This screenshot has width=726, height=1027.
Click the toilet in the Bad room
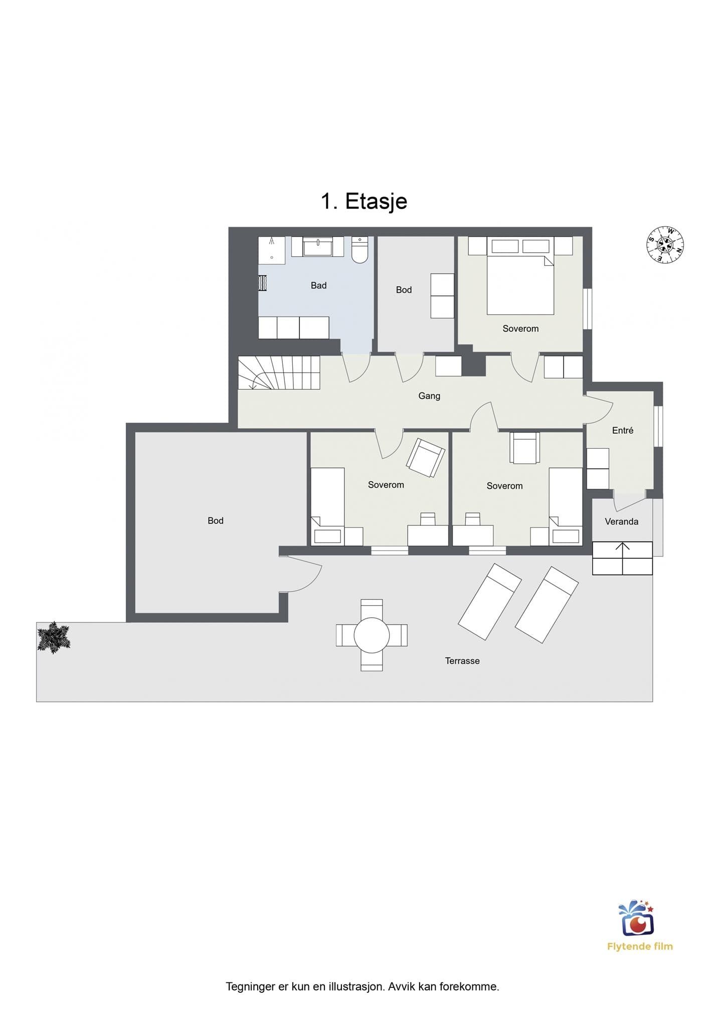359,249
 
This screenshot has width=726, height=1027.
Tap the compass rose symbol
665,245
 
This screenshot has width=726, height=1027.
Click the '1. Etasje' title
364,201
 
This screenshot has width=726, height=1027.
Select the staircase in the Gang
279,373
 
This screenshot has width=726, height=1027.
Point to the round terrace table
372,635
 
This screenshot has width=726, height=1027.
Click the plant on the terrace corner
54,637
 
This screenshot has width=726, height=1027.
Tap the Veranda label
622,522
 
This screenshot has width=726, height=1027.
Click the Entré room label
623,430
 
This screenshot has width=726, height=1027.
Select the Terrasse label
462,661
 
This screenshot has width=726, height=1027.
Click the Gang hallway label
429,396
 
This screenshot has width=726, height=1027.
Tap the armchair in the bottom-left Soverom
426,457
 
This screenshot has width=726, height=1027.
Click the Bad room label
318,285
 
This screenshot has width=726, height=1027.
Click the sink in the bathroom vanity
317,246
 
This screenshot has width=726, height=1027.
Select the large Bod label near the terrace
216,521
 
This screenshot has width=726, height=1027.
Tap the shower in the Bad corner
272,250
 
